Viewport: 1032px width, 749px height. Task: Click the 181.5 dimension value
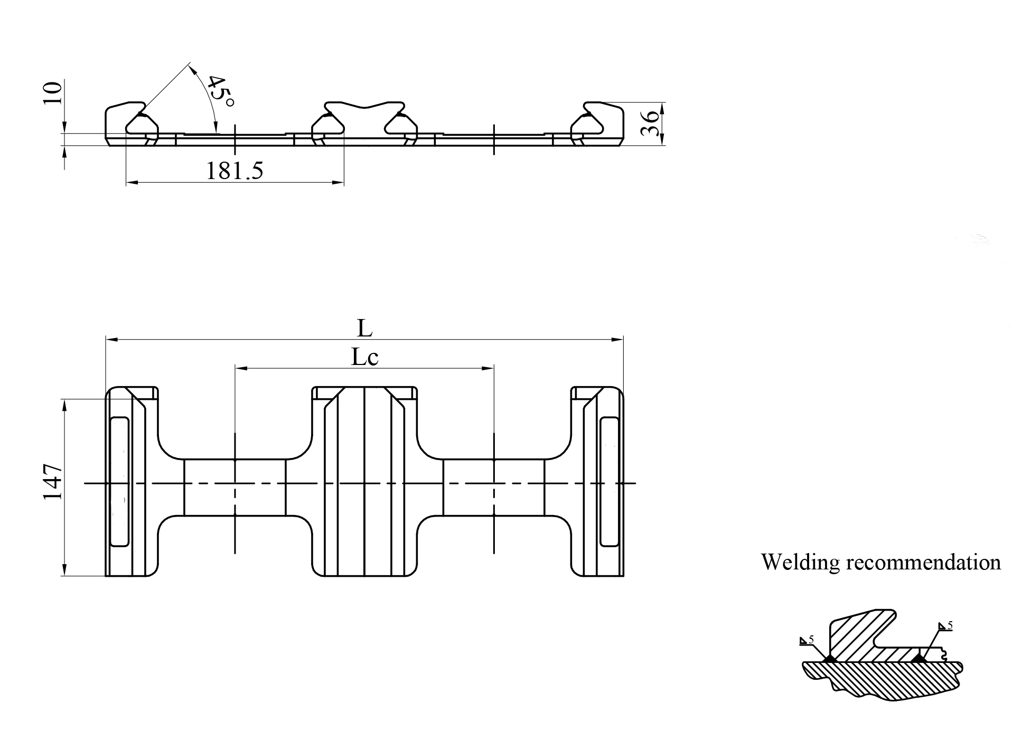click(x=234, y=171)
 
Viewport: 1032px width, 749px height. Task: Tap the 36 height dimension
click(x=651, y=123)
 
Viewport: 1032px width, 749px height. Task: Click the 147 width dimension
click(x=53, y=482)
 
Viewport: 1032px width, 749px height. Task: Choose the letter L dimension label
click(x=364, y=329)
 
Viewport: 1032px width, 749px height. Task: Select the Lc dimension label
click(x=365, y=358)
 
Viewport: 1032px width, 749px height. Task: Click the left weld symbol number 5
click(x=812, y=640)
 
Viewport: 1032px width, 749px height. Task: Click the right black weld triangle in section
click(x=919, y=658)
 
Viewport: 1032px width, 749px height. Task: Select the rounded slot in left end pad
click(x=119, y=481)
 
